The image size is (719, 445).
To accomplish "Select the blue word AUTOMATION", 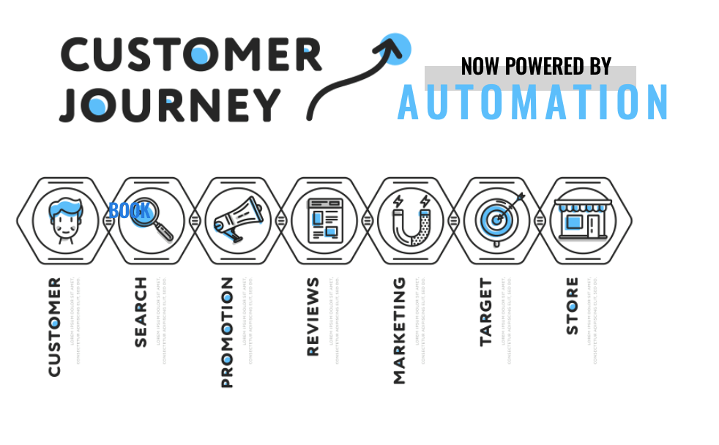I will pos(533,102).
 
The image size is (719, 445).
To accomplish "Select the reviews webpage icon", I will pos(323,219).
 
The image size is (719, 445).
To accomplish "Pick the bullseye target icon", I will pos(497,218).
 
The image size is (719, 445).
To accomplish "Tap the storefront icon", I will pos(583,217).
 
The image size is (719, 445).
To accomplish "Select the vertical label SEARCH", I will pos(140,312).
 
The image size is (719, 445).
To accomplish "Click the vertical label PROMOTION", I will pos(226,332).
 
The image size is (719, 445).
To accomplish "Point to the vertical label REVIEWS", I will pos(313,316).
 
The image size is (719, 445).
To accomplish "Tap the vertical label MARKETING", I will pos(399,330).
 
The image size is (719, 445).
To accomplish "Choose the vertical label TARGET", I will pos(486,312).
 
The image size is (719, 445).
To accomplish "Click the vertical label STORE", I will pos(572,305).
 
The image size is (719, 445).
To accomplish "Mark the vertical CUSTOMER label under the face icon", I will pos(54,327).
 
